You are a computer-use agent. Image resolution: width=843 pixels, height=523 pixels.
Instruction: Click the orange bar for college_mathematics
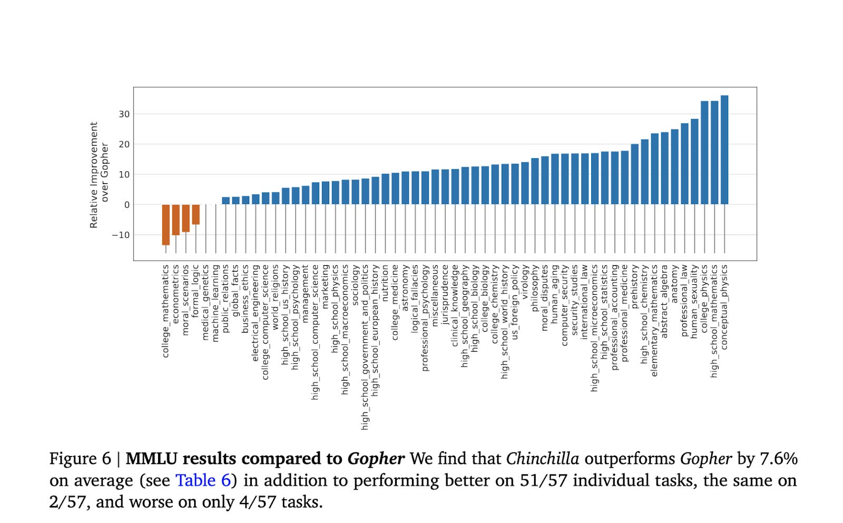(x=166, y=224)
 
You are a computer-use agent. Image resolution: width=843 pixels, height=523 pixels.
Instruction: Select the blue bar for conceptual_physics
(x=724, y=150)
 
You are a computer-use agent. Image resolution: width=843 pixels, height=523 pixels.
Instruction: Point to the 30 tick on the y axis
(x=124, y=114)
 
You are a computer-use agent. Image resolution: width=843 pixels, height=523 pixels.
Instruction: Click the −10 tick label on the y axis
(x=121, y=235)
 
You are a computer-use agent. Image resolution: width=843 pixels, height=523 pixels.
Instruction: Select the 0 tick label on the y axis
(x=126, y=205)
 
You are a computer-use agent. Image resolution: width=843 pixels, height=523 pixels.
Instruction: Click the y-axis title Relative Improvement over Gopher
(x=99, y=175)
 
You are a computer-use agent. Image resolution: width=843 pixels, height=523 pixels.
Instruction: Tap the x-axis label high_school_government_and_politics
(x=365, y=347)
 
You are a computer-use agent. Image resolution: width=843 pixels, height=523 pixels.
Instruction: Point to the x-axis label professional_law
(x=684, y=300)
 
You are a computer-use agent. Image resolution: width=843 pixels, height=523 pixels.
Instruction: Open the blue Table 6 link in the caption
(x=203, y=480)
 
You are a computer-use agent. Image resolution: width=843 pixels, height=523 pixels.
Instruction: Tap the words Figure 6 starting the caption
(x=80, y=459)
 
